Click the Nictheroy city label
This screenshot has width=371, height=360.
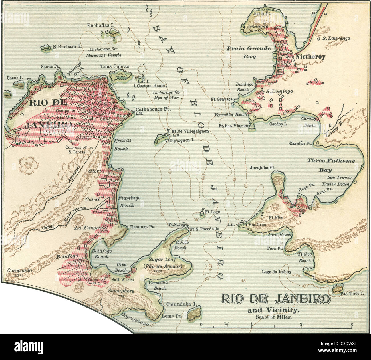pyautogui.click(x=310, y=57)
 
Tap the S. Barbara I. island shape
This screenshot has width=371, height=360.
pyautogui.click(x=45, y=48)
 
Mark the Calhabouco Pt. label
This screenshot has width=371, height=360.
pyautogui.click(x=153, y=109)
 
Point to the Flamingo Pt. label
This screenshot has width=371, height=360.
pyautogui.click(x=142, y=227)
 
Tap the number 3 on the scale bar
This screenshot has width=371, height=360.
pyautogui.click(x=352, y=324)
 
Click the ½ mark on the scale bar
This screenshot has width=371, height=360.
pyautogui.click(x=226, y=324)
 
